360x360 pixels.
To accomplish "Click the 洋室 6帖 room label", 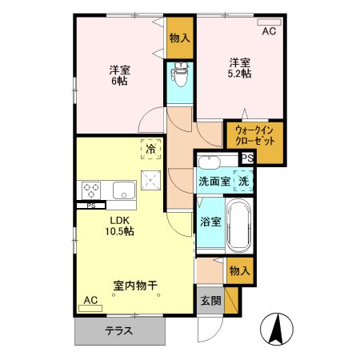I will click(x=121, y=75).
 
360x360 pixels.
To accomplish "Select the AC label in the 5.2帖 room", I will click(x=269, y=32).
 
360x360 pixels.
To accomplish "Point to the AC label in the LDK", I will click(x=90, y=300).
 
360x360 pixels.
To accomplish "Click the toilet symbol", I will click(x=180, y=78).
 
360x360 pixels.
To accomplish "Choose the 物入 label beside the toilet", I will click(x=180, y=38).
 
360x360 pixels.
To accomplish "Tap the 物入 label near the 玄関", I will click(x=240, y=272).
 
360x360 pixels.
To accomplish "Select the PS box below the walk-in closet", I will click(x=247, y=158).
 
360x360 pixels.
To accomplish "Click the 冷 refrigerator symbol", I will click(x=150, y=147).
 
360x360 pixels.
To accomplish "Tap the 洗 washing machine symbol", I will click(x=245, y=181).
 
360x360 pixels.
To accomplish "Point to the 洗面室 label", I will click(x=214, y=182).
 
